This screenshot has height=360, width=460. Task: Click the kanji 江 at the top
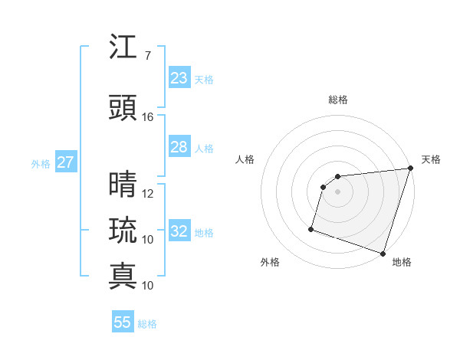pos(123,47)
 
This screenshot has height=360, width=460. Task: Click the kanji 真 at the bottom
pos(123,275)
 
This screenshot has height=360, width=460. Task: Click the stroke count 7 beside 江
pos(147,56)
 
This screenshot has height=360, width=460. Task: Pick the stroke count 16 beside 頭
pos(148,117)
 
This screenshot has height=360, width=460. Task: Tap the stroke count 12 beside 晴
pos(148,194)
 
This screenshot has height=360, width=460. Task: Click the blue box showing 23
pos(179,78)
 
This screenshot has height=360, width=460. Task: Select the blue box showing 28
pos(179,147)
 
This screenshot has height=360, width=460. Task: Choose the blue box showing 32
pos(179,231)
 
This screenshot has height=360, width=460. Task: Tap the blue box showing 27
pos(65,162)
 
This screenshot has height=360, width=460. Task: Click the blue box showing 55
pos(123,322)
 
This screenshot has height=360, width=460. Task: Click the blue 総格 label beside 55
pos(147,324)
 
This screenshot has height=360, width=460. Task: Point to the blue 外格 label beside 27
pos(41,163)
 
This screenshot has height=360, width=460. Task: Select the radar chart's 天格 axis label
pos(431,159)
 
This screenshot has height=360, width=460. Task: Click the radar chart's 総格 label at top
pos(337,100)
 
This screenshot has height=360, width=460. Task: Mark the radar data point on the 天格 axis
pos(409,169)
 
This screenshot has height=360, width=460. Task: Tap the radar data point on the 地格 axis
pos(383,253)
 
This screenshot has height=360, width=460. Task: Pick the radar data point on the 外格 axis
pos(311,228)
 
